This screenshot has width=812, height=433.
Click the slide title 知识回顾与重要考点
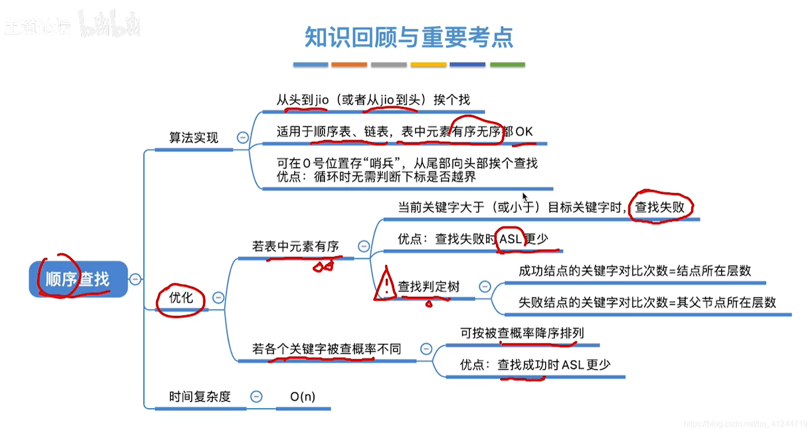[409, 38]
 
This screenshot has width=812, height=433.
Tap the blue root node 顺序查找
[78, 279]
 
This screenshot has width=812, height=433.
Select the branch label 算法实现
[193, 137]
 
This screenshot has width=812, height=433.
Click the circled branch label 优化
[181, 298]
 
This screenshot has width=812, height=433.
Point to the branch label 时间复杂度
[200, 396]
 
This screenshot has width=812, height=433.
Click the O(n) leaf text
[303, 396]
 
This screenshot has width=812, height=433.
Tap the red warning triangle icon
[385, 284]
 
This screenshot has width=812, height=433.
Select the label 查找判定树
[429, 286]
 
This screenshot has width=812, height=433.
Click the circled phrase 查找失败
[660, 207]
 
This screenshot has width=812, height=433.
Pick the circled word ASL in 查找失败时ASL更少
[510, 239]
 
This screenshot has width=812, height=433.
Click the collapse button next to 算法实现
[243, 137]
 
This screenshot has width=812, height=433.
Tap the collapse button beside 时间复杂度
[257, 396]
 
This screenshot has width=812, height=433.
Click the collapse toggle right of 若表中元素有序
[364, 246]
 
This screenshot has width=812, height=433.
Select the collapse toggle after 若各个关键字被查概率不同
[426, 349]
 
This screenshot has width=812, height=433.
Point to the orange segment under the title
[349, 65]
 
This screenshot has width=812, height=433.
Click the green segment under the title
[507, 65]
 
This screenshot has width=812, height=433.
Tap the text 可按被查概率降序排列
[522, 333]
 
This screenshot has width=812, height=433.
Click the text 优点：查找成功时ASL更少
[535, 365]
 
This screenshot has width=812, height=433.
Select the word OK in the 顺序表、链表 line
[524, 132]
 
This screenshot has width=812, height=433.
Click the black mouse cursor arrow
[525, 197]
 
